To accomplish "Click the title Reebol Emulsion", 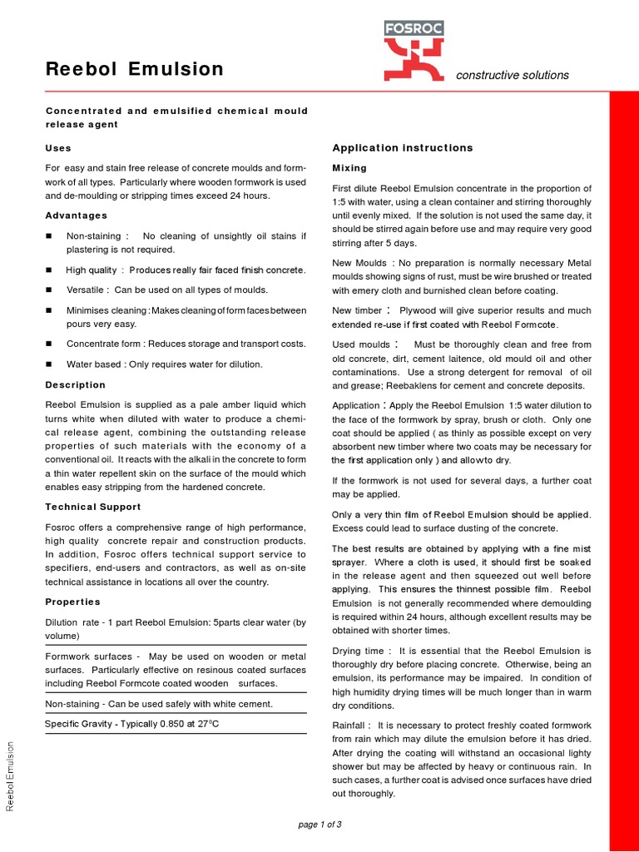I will pos(134,69).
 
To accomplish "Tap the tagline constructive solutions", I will pos(513,75).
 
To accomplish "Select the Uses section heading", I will pos(58,147).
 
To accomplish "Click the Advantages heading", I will pos(77,215).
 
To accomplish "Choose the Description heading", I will pos(75,385).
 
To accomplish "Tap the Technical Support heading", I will pos(92,507).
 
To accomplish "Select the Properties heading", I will pos(72,602).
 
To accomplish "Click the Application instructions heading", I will pos(403,148).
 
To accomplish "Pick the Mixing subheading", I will pos(349,168).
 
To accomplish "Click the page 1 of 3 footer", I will pos(319,825).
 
